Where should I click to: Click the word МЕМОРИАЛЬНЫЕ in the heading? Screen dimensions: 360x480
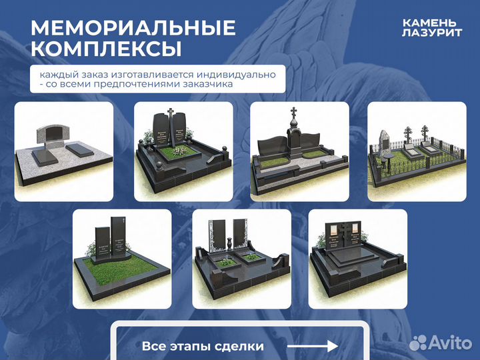coord(133,28)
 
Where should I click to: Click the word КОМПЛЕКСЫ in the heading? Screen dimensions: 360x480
coord(106,49)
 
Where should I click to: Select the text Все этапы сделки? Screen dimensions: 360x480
coord(203,347)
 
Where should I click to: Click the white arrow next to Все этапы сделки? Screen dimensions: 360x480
coord(313,347)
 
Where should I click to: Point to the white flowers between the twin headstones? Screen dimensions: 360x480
coord(178,150)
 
